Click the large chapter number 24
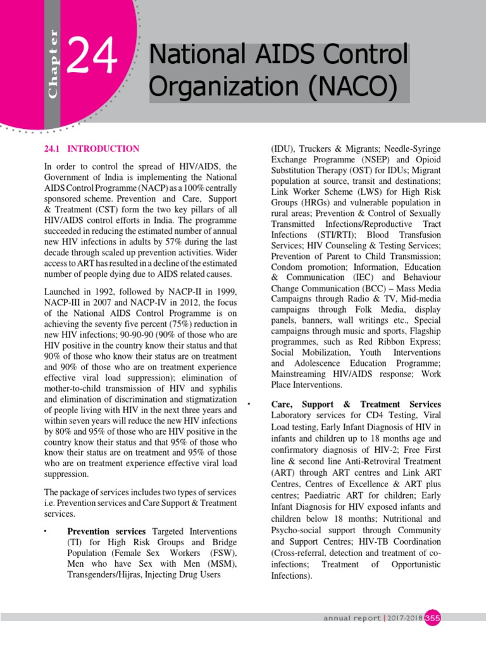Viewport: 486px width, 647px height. pyautogui.click(x=93, y=57)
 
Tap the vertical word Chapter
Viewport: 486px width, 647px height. pyautogui.click(x=53, y=63)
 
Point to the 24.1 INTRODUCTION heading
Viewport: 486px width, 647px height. pyautogui.click(x=91, y=149)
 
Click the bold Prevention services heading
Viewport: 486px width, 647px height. pyautogui.click(x=106, y=531)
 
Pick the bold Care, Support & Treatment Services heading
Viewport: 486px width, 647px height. pyautogui.click(x=356, y=404)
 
